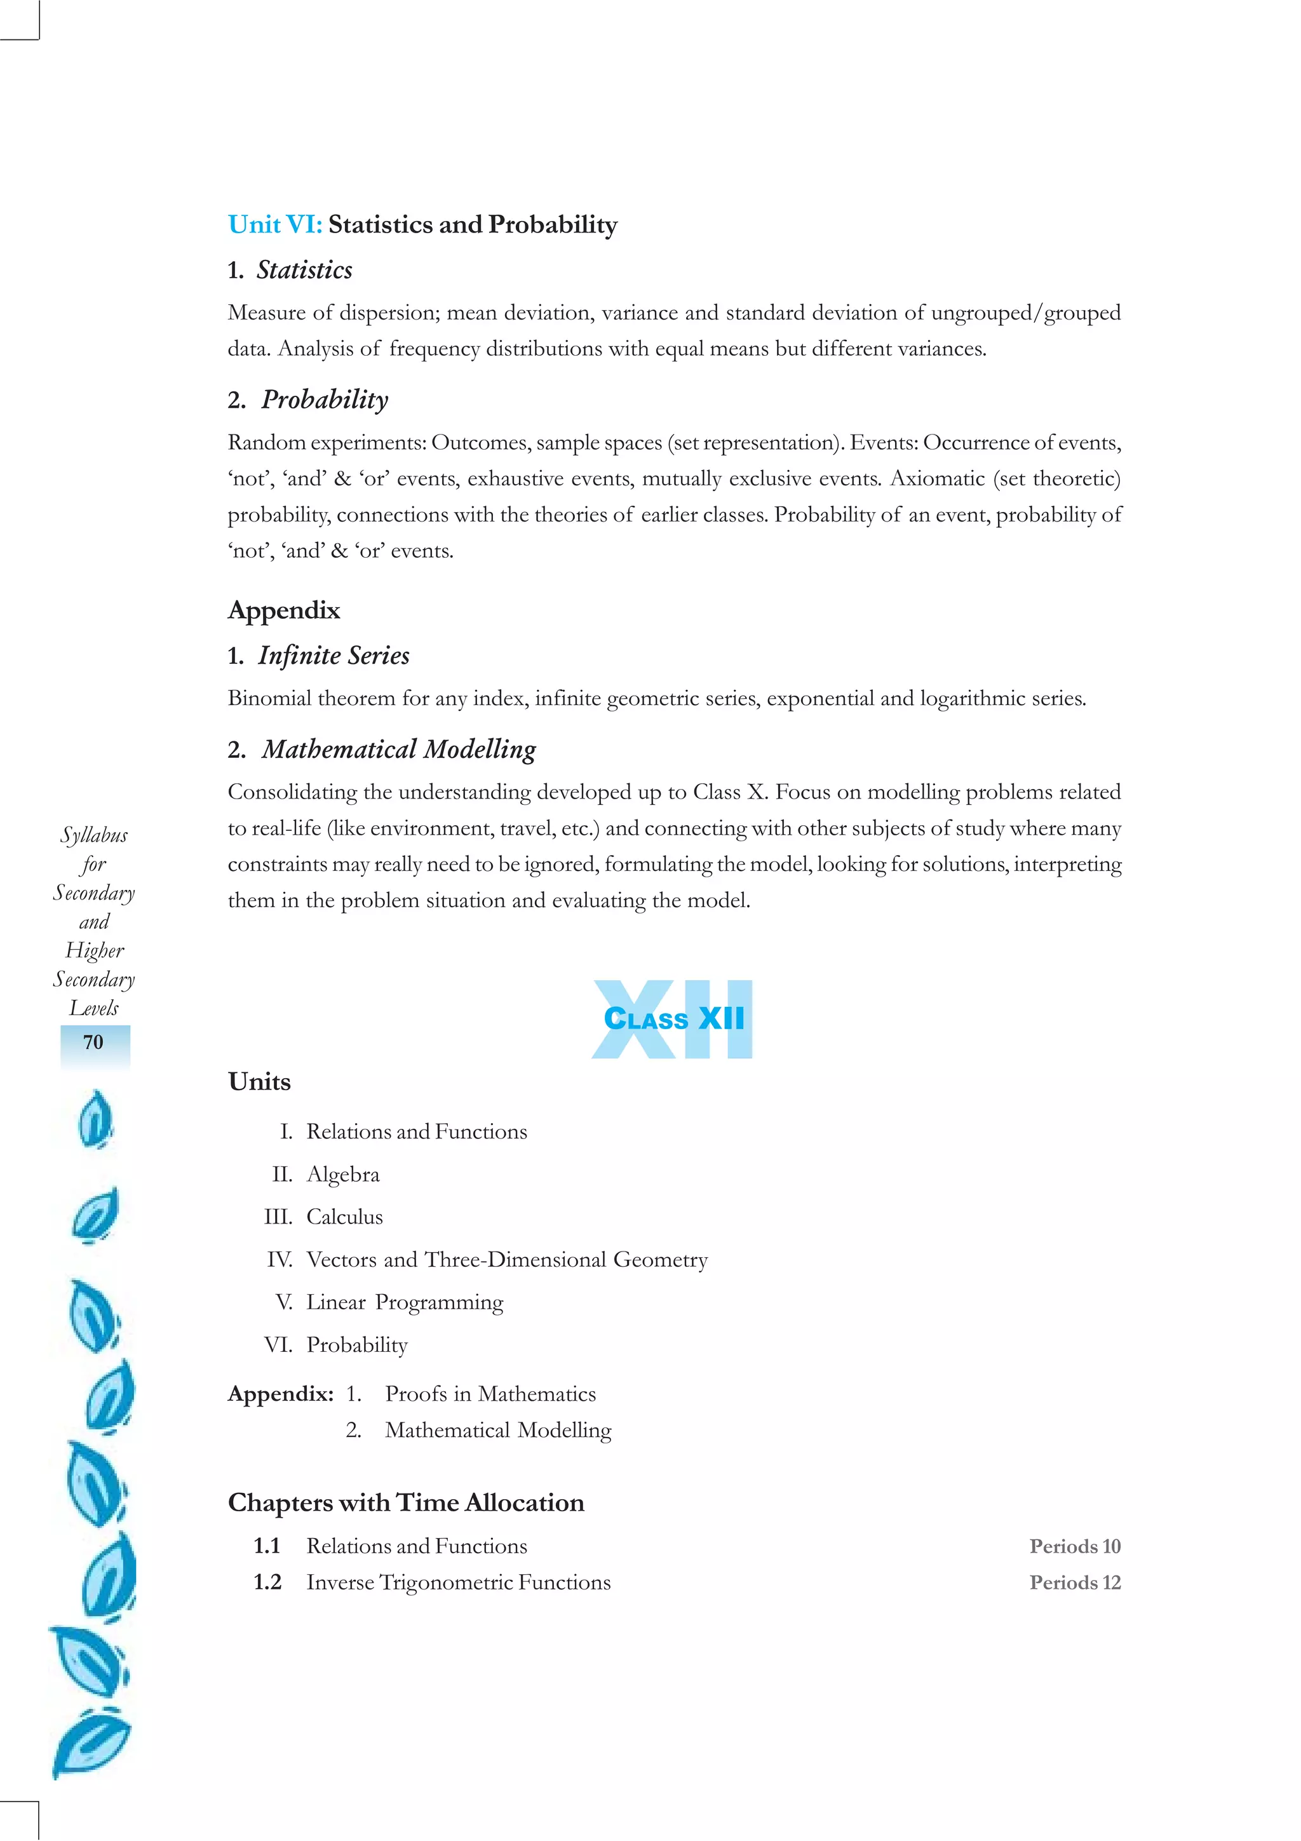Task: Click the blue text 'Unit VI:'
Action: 274,224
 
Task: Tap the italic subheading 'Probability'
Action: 325,400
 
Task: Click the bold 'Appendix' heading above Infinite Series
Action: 284,610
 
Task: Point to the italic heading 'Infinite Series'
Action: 333,656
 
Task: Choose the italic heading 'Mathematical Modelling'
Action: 398,750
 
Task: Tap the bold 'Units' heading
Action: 259,1082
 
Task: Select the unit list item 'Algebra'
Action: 342,1175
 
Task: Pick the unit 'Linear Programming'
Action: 404,1302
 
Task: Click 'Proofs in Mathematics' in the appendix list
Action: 490,1394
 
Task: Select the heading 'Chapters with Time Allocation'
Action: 406,1502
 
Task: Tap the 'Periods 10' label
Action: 1074,1546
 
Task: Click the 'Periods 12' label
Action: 1074,1583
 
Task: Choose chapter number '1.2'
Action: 267,1583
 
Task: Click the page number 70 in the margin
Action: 94,1042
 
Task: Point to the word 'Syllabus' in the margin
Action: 94,835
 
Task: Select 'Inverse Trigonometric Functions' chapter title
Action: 458,1583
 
